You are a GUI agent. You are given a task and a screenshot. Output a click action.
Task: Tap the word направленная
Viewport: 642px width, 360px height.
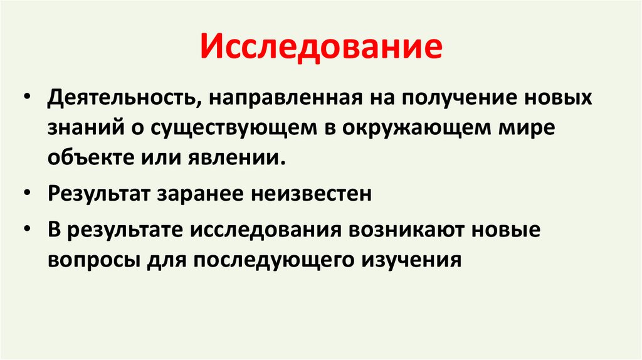click(283, 99)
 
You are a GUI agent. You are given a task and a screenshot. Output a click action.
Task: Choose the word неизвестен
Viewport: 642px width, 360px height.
click(312, 194)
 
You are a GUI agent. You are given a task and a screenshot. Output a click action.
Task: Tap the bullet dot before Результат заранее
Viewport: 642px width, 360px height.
click(28, 195)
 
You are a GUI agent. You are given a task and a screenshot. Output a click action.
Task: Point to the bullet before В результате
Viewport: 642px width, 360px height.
click(28, 230)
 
